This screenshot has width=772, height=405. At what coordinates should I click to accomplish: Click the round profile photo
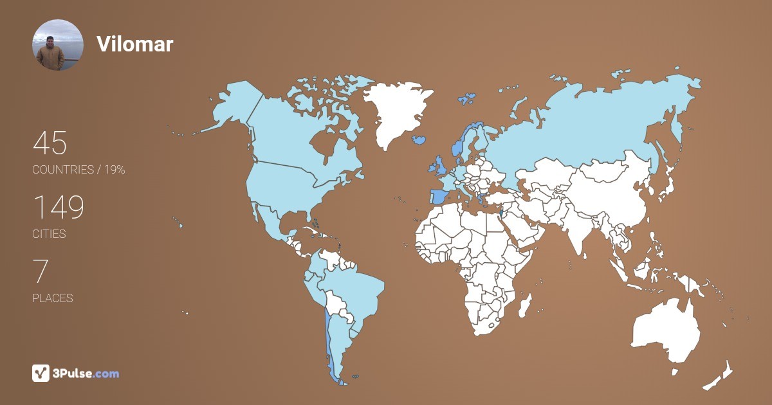58,45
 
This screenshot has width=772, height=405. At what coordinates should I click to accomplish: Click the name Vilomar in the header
134,44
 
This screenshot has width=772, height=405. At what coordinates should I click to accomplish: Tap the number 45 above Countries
50,143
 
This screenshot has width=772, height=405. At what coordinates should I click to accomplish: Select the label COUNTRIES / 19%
78,170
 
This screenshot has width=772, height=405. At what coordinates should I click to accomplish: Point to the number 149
58,207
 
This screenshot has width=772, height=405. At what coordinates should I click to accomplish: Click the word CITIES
49,234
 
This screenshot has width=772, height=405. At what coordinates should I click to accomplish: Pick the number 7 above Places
40,271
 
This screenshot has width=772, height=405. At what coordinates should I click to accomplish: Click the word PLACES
52,298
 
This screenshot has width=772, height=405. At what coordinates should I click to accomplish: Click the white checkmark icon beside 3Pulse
41,373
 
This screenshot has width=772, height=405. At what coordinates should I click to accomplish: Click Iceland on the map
419,139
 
